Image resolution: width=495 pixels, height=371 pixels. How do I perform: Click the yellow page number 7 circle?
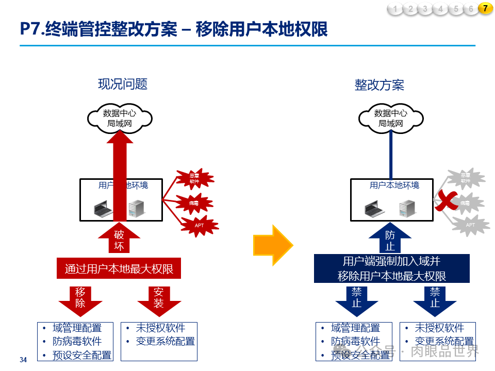485,8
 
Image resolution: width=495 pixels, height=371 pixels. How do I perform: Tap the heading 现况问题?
123,84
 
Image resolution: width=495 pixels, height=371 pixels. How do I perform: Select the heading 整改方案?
379,85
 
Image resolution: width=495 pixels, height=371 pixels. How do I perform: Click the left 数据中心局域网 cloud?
120,118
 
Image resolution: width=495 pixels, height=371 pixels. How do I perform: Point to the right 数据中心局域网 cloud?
390,118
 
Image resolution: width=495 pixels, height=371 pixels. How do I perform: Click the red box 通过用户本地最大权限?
119,268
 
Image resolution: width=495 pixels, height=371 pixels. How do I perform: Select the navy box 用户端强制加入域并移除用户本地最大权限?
392,268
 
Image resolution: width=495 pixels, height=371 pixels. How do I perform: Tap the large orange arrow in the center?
272,245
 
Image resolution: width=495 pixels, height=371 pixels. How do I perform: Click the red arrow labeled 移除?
80,299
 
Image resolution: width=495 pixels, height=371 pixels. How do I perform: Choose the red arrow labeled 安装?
159,299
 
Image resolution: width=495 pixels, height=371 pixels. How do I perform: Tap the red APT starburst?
199,225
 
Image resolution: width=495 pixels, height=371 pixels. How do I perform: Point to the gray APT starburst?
470,225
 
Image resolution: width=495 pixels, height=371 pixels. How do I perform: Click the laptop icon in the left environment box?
103,208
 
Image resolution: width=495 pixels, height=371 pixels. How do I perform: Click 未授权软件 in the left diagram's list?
160,328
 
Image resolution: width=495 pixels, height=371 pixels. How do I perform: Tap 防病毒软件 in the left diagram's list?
77,342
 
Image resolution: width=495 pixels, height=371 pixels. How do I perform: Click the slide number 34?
23,360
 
